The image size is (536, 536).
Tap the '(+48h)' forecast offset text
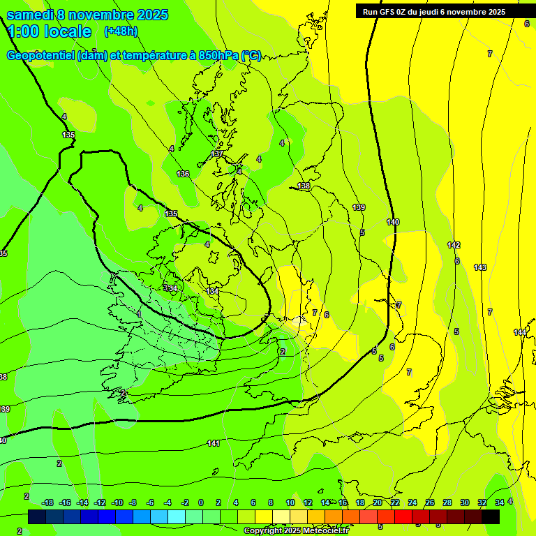pyautogui.click(x=121, y=31)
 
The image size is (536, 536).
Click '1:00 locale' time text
pyautogui.click(x=49, y=31)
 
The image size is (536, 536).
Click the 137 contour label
pyautogui.click(x=217, y=154)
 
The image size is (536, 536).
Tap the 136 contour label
pyautogui.click(x=183, y=174)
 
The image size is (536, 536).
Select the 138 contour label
pyautogui.click(x=304, y=186)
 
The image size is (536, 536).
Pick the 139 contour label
pyautogui.click(x=359, y=207)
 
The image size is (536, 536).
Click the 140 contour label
pyautogui.click(x=393, y=222)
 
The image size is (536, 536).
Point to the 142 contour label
pyautogui.click(x=454, y=245)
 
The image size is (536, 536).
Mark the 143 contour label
pyautogui.click(x=480, y=267)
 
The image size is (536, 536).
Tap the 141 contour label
pyautogui.click(x=214, y=443)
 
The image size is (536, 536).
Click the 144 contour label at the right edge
pyautogui.click(x=520, y=332)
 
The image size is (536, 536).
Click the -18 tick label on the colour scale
pyautogui.click(x=47, y=502)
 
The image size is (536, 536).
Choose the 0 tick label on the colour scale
pyautogui.click(x=201, y=502)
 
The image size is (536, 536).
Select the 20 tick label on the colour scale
pyautogui.click(x=378, y=502)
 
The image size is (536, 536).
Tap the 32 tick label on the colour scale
pyautogui.click(x=482, y=502)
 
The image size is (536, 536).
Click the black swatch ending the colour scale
pyautogui.click(x=491, y=516)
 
